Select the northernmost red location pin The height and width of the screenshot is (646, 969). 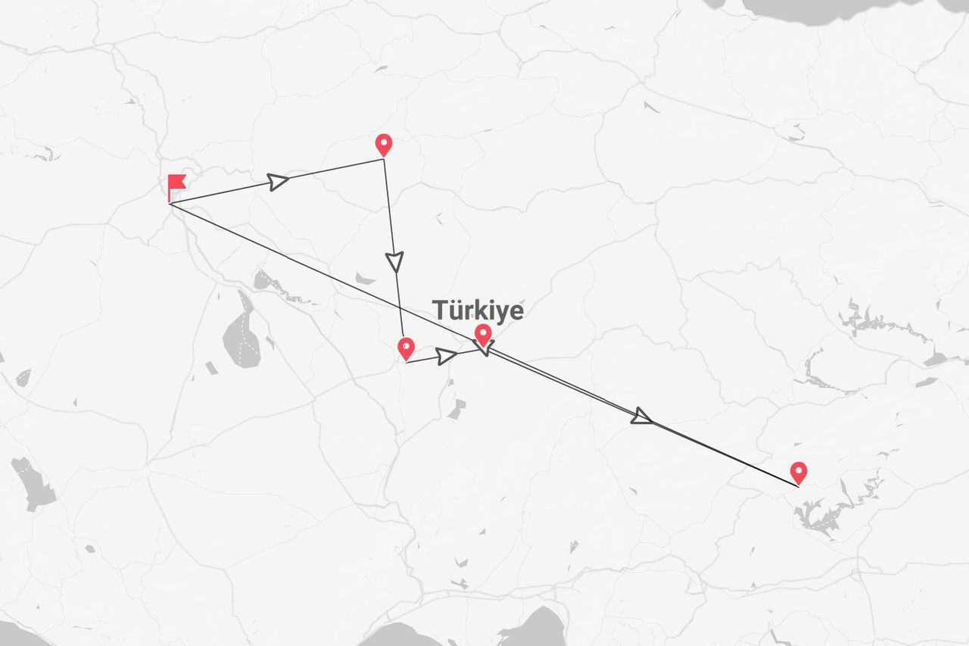pyautogui.click(x=384, y=143)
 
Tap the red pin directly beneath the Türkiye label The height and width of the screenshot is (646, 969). pyautogui.click(x=482, y=333)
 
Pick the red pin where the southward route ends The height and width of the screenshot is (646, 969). pyautogui.click(x=406, y=348)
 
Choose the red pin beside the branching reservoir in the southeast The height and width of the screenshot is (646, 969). pyautogui.click(x=798, y=473)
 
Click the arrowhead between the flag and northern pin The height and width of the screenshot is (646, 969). pyautogui.click(x=278, y=181)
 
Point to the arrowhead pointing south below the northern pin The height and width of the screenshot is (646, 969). pyautogui.click(x=394, y=261)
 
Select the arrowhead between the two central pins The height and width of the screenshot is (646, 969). pyautogui.click(x=447, y=354)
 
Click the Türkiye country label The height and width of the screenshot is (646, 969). pyautogui.click(x=478, y=310)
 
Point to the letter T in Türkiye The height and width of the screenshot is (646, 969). pyautogui.click(x=440, y=310)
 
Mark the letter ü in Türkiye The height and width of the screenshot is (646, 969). pyautogui.click(x=456, y=310)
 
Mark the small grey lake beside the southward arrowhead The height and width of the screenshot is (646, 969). pyautogui.click(x=364, y=279)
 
